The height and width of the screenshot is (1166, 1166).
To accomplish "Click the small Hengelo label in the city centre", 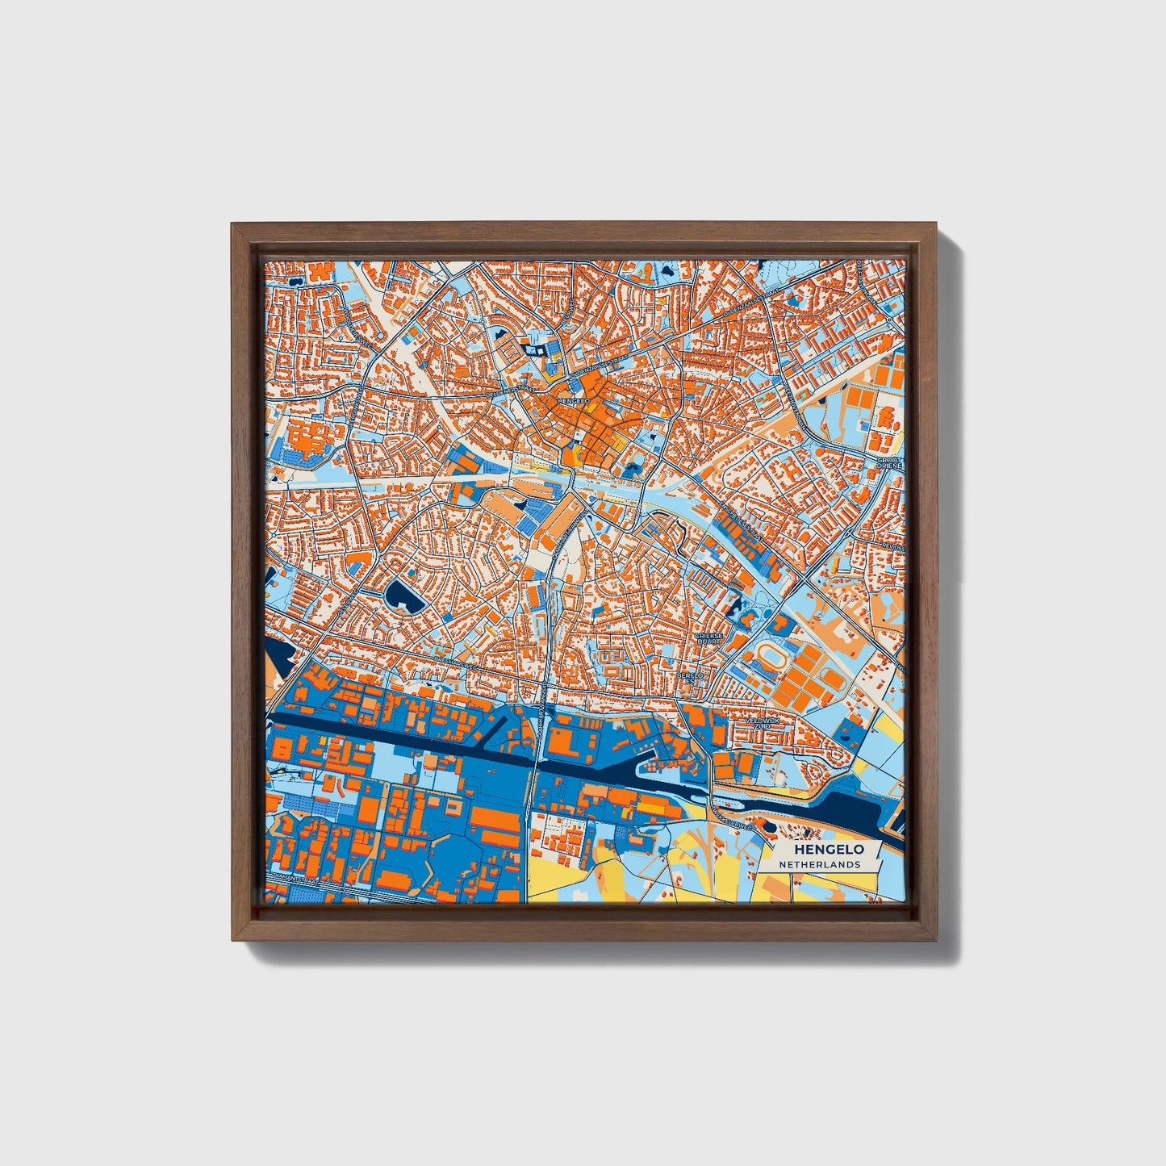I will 574,400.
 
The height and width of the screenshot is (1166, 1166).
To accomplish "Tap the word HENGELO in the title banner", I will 829,850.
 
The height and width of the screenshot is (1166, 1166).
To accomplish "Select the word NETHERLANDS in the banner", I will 819,864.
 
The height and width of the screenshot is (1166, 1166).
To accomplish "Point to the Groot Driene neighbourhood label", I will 889,463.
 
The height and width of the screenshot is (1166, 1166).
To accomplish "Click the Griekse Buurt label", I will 713,639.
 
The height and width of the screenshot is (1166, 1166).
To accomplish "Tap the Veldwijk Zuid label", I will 759,723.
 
